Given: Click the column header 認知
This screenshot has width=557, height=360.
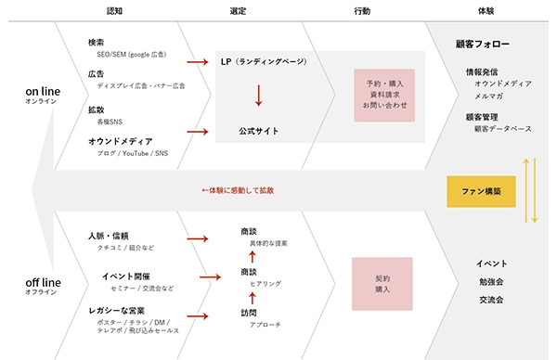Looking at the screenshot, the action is [114, 11].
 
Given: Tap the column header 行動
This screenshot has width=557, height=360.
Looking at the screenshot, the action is [362, 11].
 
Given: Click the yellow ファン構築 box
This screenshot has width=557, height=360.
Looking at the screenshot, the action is [482, 191].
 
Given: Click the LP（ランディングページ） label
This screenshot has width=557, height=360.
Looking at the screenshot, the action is [264, 61].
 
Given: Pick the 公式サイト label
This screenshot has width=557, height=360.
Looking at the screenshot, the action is [259, 131].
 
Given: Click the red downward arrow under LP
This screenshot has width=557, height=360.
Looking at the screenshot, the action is [258, 96].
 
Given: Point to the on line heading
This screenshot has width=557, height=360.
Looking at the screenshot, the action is [43, 91].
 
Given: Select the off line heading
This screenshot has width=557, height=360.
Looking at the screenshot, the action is [43, 282].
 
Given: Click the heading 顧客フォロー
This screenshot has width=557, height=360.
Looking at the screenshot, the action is [483, 45].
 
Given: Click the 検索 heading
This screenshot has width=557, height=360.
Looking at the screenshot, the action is [96, 43].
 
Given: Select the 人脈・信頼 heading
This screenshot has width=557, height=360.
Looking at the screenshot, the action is [108, 236].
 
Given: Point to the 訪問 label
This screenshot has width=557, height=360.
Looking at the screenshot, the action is [248, 313].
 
